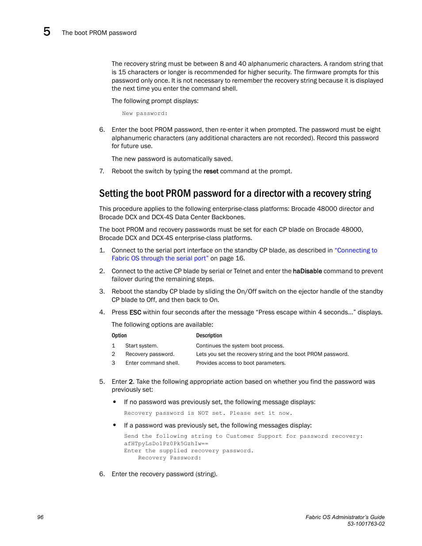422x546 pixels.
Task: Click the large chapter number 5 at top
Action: point(47,32)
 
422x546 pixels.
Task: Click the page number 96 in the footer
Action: point(40,517)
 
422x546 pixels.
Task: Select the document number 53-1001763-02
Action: point(366,524)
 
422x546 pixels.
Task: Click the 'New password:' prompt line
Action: point(145,114)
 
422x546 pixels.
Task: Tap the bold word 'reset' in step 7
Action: point(211,172)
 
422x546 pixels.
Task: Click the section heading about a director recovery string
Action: point(235,194)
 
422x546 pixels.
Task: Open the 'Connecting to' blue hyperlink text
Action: point(356,250)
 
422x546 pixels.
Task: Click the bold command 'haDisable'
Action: point(307,271)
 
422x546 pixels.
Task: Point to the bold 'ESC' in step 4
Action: point(135,313)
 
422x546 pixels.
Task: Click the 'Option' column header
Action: point(119,336)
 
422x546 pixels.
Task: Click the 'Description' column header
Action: point(209,336)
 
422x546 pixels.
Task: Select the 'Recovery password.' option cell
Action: point(150,354)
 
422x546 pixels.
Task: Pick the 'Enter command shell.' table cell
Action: point(152,363)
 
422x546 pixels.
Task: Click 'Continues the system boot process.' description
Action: point(240,346)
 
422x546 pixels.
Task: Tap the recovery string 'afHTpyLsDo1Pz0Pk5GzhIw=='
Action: point(166,443)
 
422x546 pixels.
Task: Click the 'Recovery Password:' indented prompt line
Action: point(169,458)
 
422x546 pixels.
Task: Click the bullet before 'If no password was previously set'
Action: point(115,402)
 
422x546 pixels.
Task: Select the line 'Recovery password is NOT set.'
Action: point(208,413)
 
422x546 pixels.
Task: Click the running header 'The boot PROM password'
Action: point(99,33)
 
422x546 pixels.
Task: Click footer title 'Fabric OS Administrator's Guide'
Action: point(345,517)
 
